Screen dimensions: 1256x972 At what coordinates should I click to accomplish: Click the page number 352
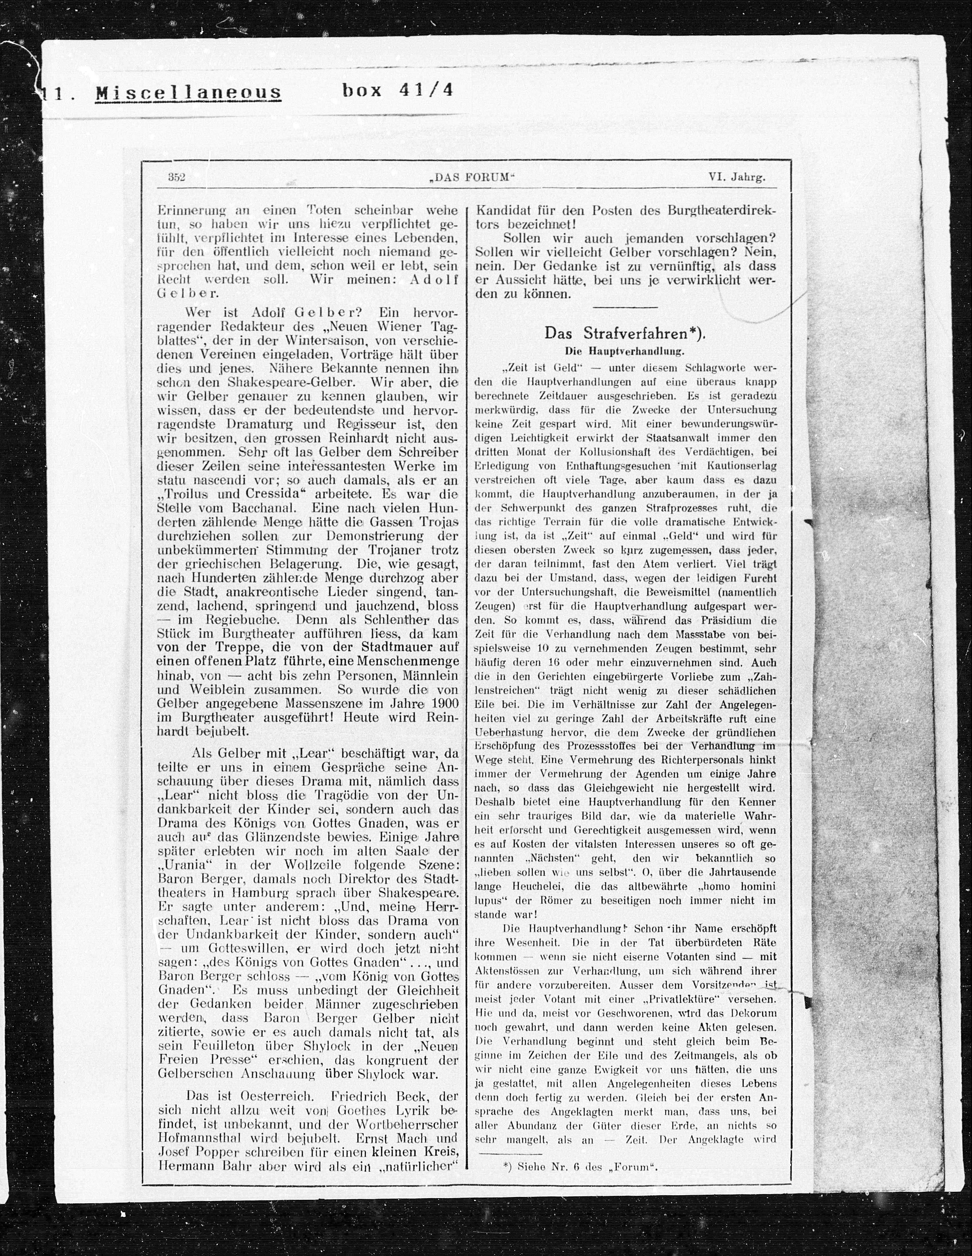point(176,178)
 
